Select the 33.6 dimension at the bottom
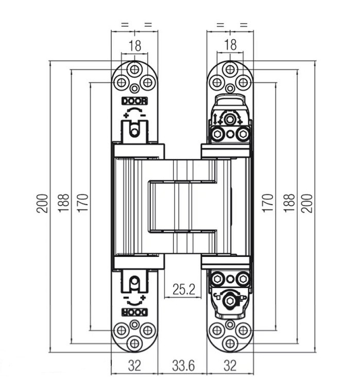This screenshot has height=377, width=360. coord(183,366)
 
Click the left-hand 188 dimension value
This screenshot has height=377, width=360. coord(64,203)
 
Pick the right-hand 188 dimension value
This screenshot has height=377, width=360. coord(288,203)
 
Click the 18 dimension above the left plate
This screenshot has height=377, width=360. coord(134,46)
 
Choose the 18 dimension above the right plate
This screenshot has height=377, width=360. coord(230,45)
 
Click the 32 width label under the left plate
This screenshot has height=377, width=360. coord(134,366)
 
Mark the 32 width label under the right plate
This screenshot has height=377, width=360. coord(230,366)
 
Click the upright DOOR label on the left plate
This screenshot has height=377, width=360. coord(134,101)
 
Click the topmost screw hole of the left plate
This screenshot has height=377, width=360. coord(134,69)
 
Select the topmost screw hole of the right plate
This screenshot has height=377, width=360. coord(230,69)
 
